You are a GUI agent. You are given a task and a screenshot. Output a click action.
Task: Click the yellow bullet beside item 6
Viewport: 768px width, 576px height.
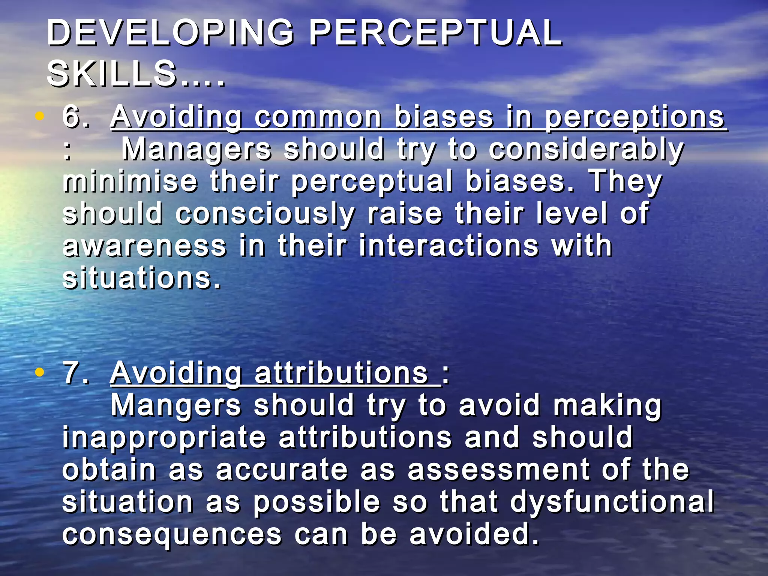pos(39,117)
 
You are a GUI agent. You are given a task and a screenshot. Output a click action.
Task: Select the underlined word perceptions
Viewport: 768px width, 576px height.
pos(634,118)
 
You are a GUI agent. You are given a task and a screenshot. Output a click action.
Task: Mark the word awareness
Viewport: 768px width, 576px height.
pos(144,246)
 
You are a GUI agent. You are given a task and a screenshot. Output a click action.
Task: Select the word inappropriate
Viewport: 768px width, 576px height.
pos(164,438)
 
